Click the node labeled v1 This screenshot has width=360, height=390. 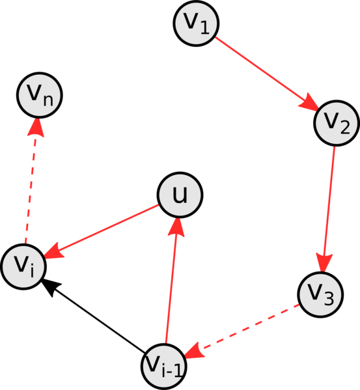(196, 23)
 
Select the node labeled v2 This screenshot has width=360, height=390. (337, 123)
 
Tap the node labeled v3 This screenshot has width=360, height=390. (320, 294)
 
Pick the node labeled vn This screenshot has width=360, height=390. (40, 95)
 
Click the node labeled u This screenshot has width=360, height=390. (180, 195)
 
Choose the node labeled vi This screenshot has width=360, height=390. (23, 267)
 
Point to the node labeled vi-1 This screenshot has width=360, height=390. (163, 367)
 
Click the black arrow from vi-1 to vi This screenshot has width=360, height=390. (93, 316)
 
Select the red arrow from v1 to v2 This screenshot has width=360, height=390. (266, 73)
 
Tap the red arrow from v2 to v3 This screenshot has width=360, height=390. (329, 209)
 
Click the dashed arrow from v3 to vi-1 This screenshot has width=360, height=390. (242, 331)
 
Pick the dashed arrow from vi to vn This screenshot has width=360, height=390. (31, 181)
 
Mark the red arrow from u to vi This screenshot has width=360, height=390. (102, 231)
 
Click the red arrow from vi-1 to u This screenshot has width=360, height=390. (172, 281)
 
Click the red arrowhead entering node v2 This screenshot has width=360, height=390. (309, 102)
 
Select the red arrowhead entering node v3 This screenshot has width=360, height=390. (324, 262)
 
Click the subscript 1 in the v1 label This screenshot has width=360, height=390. (204, 27)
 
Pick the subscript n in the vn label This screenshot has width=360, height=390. (48, 100)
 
